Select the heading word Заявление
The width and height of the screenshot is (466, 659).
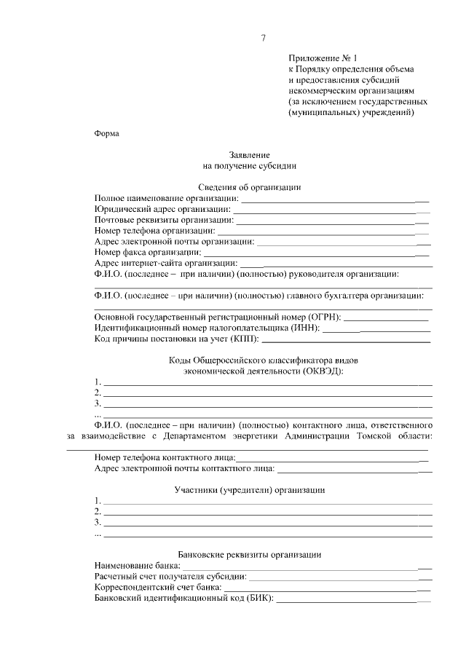(x=250, y=155)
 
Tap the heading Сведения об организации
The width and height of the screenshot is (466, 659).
(x=250, y=187)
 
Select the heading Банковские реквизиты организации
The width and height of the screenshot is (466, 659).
(x=250, y=555)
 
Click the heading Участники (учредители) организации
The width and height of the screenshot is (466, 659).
(x=250, y=490)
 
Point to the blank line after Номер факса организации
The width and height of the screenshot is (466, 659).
(x=306, y=253)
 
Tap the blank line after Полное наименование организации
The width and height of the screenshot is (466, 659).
(x=335, y=199)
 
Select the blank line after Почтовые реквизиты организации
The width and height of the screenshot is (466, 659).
(x=332, y=220)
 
